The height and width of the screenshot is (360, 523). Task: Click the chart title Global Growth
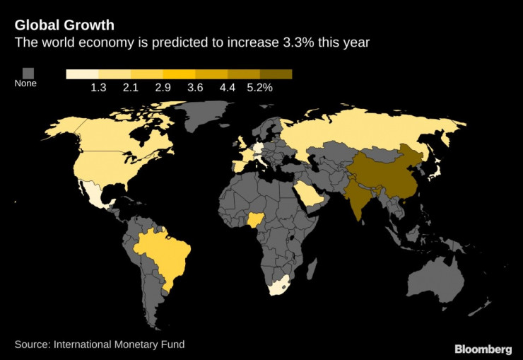pyautogui.click(x=64, y=26)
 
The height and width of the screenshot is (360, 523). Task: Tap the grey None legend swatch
pyautogui.click(x=29, y=72)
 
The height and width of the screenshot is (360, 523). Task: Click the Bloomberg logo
pyautogui.click(x=483, y=349)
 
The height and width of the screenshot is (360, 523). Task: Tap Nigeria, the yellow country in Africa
pyautogui.click(x=254, y=221)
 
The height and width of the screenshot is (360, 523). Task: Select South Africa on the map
pyautogui.click(x=278, y=286)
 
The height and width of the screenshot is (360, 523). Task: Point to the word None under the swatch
pyautogui.click(x=25, y=83)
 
